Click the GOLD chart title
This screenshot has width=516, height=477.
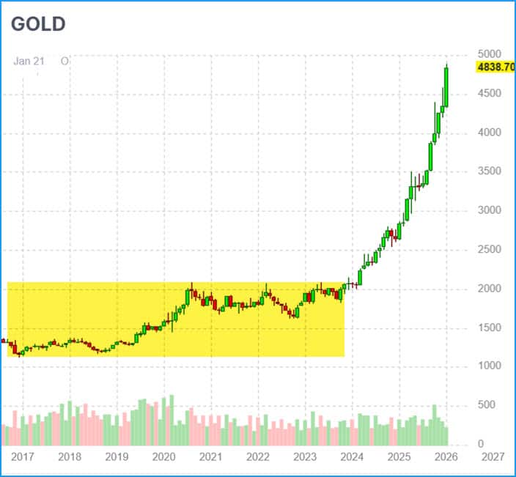(x=38, y=23)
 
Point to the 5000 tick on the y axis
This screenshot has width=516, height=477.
(x=490, y=54)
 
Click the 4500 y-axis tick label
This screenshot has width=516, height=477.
(x=490, y=93)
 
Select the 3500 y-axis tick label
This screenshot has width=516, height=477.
(x=490, y=171)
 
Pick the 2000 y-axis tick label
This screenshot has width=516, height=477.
(x=490, y=288)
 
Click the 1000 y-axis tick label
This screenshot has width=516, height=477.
(x=490, y=366)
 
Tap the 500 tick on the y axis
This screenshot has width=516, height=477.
(x=486, y=404)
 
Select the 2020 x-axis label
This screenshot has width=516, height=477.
(x=163, y=457)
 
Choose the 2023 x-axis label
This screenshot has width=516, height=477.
(x=304, y=457)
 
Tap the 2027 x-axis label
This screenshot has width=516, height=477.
(x=492, y=457)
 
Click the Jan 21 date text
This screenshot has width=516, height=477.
(x=29, y=62)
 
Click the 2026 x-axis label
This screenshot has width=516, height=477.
(x=446, y=457)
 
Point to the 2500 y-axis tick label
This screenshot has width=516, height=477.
(x=490, y=249)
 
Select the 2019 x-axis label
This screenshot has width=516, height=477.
(x=117, y=457)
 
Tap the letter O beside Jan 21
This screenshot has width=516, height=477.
(x=64, y=62)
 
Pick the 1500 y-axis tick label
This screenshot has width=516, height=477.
(x=490, y=327)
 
